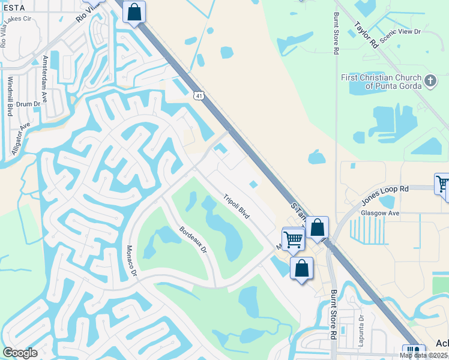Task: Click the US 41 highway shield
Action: pyautogui.click(x=199, y=95)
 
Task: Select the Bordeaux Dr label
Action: pyautogui.click(x=193, y=239)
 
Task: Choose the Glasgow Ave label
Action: pyautogui.click(x=380, y=213)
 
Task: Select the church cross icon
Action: pyautogui.click(x=430, y=81)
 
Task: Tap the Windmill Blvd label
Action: pyautogui.click(x=10, y=96)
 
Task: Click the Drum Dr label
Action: pyautogui.click(x=28, y=104)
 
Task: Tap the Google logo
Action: pyautogui.click(x=20, y=353)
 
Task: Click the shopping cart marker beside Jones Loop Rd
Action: pyautogui.click(x=442, y=184)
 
